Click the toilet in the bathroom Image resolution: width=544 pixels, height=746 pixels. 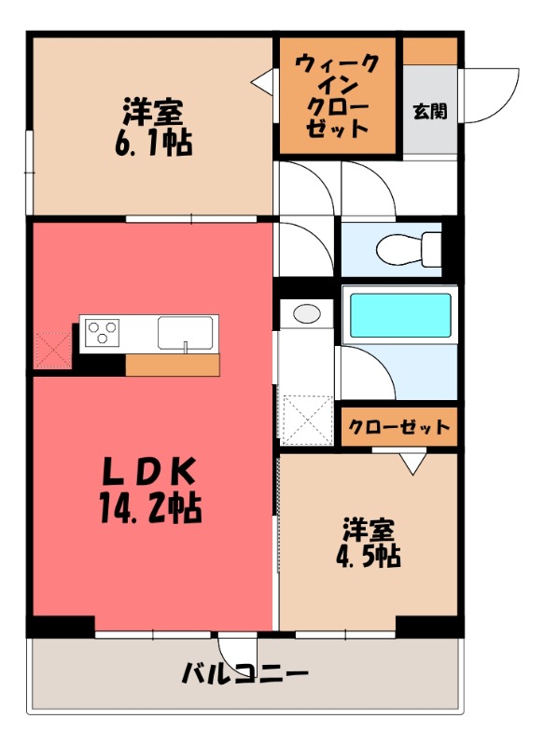tap(409, 247)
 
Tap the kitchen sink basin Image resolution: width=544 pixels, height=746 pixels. tap(186, 331)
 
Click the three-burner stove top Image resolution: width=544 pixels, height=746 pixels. tap(102, 332)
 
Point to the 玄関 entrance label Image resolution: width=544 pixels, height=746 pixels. tap(429, 111)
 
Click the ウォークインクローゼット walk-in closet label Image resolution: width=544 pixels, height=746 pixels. tap(337, 96)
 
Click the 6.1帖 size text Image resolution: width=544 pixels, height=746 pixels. tap(151, 144)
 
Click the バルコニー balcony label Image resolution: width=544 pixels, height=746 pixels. tap(244, 672)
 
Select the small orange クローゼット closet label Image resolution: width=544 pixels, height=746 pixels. tap(398, 426)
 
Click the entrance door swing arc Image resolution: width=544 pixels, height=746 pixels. tap(492, 93)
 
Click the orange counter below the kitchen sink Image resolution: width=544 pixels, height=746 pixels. tap(172, 365)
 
